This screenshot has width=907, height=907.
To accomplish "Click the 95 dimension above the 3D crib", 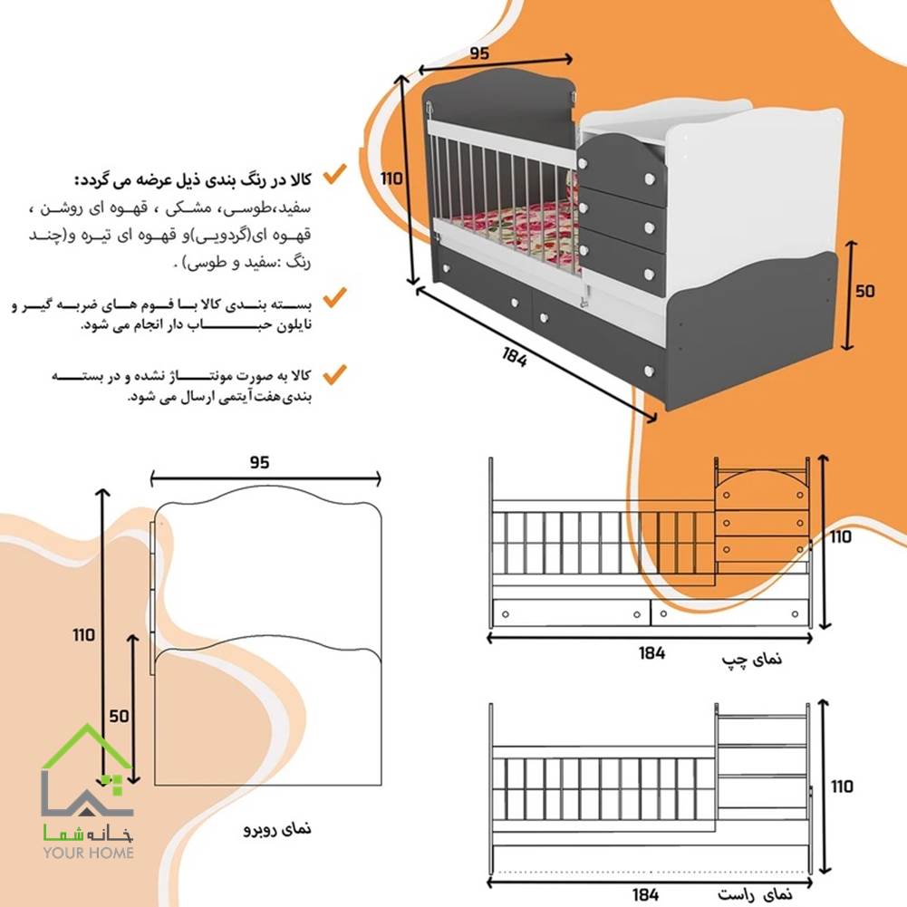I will (479, 53).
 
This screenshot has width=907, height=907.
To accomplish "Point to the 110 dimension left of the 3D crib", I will (391, 179).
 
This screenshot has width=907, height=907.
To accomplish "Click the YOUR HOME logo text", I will (88, 852).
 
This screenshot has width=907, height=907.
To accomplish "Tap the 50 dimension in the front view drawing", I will (118, 715).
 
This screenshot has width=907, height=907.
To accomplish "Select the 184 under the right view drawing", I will (646, 895).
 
